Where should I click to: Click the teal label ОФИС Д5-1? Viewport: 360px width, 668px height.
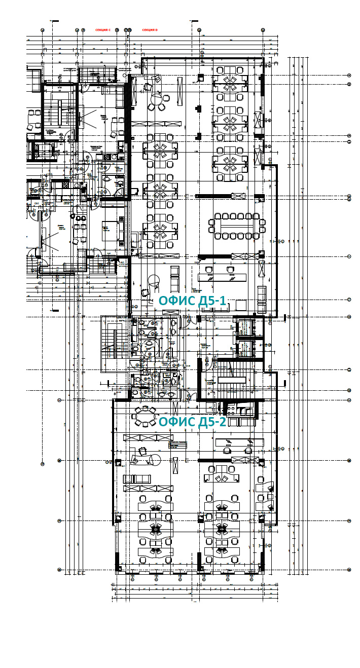coord(192,301)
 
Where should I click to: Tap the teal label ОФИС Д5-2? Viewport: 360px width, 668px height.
coord(193,422)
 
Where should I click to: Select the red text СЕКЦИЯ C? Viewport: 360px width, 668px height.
coord(103,30)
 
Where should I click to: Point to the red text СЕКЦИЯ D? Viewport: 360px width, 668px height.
coord(150,30)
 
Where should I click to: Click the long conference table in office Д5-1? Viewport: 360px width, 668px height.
coord(236,226)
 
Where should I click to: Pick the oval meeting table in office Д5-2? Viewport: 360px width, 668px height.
coord(146,417)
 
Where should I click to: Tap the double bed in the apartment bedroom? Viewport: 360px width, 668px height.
coord(113,231)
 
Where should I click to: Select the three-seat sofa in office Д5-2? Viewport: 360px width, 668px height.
coord(137,478)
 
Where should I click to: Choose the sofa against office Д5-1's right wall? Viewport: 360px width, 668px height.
coord(262,299)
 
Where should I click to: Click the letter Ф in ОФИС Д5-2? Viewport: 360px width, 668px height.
coord(174,422)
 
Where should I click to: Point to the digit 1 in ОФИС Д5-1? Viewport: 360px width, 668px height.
coord(222,301)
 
